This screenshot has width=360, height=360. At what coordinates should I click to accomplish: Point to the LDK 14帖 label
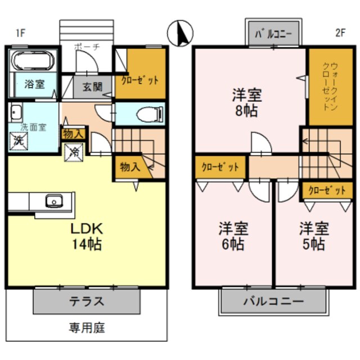[x=85, y=237]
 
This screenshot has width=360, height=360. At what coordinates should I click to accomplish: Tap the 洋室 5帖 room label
[x=313, y=237]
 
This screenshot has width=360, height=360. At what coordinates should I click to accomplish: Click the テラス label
[x=86, y=301]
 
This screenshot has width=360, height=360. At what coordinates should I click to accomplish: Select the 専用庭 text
[x=87, y=327]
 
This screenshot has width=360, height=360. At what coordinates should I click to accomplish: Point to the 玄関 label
[x=93, y=87]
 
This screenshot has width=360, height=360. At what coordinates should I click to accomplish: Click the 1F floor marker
[x=20, y=33]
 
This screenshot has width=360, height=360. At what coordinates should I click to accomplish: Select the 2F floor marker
[x=340, y=33]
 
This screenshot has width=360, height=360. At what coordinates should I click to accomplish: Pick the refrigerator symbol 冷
[x=74, y=151]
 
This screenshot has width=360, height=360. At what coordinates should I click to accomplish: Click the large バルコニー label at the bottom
[x=273, y=301]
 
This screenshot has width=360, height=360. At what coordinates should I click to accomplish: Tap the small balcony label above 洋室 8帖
[x=273, y=34]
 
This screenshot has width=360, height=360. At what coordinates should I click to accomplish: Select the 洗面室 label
[x=33, y=128]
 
